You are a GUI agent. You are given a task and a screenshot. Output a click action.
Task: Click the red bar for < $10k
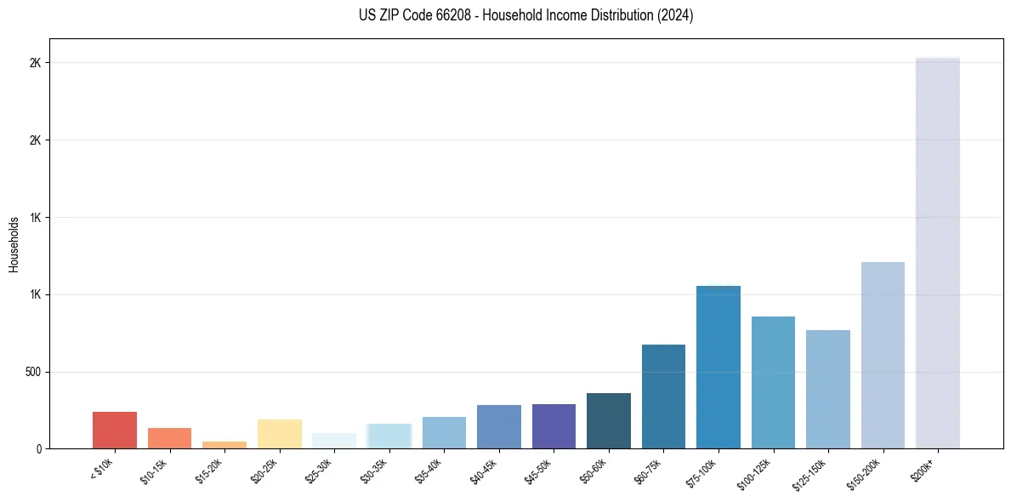[x=115, y=430]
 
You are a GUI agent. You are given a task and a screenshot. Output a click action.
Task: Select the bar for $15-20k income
[x=224, y=444]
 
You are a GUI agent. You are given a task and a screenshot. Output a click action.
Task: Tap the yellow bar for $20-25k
[x=280, y=434]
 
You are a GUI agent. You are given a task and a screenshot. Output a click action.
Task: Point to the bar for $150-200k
[x=883, y=355]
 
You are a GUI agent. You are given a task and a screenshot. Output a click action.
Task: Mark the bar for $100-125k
[x=773, y=383]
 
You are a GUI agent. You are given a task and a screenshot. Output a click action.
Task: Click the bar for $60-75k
[x=663, y=396]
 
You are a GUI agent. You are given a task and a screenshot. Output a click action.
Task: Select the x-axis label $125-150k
[x=812, y=471]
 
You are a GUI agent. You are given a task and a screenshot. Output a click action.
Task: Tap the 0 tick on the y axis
[x=38, y=449]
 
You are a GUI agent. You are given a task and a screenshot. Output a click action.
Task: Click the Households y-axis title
[x=14, y=244]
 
